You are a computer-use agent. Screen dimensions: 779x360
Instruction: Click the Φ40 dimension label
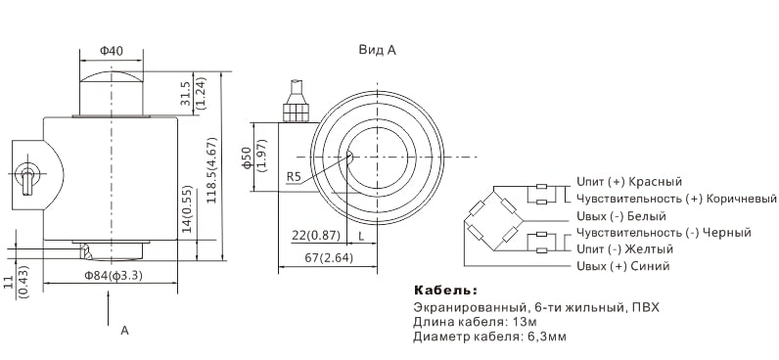click(x=112, y=51)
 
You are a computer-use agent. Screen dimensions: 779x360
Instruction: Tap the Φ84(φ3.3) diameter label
click(x=114, y=276)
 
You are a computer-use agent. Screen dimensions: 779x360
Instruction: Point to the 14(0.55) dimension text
click(x=187, y=209)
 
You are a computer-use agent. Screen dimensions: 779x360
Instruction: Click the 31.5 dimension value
click(x=186, y=94)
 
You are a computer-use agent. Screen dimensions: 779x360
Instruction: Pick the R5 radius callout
click(x=295, y=176)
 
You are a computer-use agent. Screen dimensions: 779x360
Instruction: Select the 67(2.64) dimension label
click(x=330, y=258)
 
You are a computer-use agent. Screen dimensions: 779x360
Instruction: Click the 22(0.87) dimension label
click(x=316, y=237)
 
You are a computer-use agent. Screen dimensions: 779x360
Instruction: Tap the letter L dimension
click(x=361, y=237)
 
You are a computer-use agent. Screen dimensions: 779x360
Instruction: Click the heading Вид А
click(x=378, y=50)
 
